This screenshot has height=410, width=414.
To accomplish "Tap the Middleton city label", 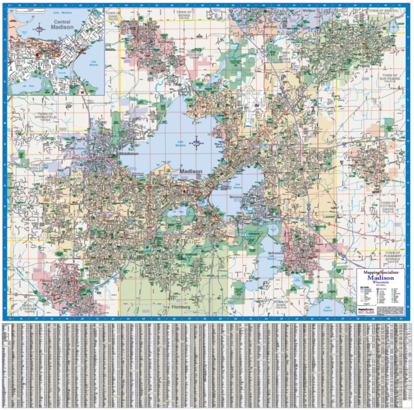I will pos(129,154).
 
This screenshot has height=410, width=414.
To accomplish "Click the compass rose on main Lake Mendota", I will pos(198,143).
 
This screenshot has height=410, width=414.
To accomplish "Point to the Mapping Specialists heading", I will pos(381,272).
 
